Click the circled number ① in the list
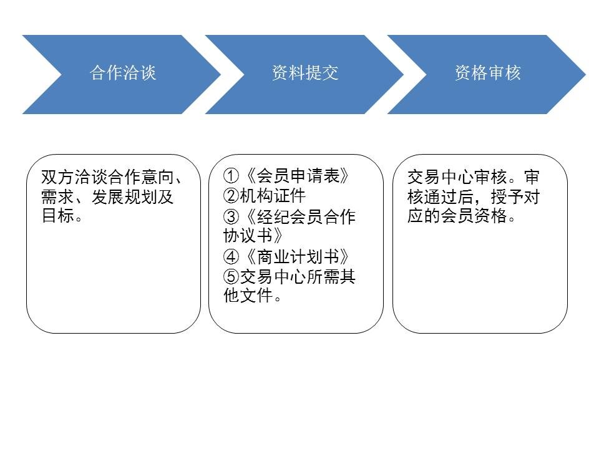[x=231, y=176]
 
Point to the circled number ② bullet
[x=231, y=196]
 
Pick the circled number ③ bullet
[x=231, y=217]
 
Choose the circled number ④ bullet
[x=231, y=256]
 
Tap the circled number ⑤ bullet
[x=231, y=276]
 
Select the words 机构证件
[x=273, y=196]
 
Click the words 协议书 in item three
[x=248, y=236]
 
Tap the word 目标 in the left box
[x=57, y=216]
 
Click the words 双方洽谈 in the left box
[x=74, y=176]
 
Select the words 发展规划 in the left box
[x=125, y=196]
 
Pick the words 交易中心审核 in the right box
[x=457, y=176]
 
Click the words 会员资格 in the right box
[x=474, y=216]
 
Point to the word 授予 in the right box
[x=507, y=196]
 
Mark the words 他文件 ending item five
[x=248, y=295]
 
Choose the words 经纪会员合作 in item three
[x=306, y=217]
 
